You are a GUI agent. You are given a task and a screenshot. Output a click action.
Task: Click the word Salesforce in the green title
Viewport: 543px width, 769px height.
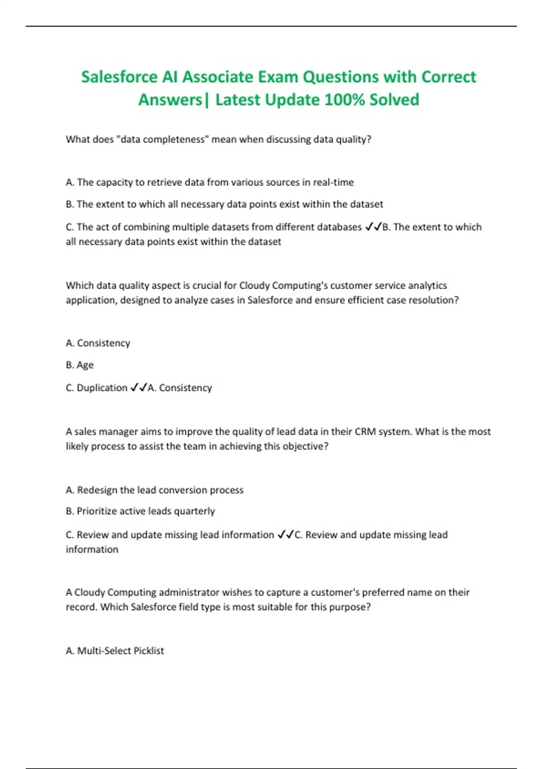click(119, 77)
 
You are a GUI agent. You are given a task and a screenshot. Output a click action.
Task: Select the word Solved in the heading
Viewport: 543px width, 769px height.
click(394, 100)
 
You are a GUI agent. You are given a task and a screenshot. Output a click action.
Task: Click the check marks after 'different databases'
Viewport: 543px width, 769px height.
click(373, 227)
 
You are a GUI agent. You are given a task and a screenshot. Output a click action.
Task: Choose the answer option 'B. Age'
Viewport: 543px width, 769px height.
click(80, 365)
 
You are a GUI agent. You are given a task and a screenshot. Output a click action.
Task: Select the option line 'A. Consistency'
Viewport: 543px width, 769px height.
click(98, 343)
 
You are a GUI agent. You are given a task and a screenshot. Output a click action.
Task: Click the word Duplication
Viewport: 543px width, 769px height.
click(102, 388)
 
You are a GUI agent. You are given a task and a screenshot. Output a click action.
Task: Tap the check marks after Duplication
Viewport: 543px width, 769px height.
click(138, 388)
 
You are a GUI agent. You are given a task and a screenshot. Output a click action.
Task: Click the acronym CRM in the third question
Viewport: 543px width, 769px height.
click(365, 432)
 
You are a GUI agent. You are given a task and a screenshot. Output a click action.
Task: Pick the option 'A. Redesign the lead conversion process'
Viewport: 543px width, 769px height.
click(154, 490)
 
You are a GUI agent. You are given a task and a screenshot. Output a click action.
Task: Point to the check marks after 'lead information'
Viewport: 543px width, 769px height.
click(286, 535)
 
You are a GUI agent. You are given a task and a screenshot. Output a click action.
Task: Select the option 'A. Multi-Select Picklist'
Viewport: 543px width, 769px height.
click(115, 650)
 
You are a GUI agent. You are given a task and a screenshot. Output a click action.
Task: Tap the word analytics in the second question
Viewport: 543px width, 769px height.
click(427, 285)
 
